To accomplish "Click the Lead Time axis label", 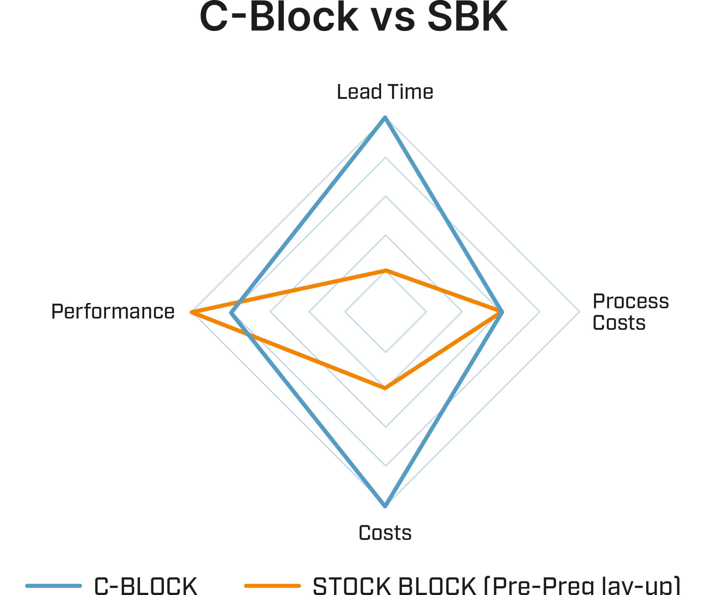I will (x=385, y=92).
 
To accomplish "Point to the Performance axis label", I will (x=113, y=311).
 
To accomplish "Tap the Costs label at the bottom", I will (x=385, y=533).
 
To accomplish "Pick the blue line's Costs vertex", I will (x=385, y=506).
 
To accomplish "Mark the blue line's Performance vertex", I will (x=231, y=313).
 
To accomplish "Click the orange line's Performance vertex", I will (x=191, y=312).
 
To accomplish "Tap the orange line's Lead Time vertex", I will (x=386, y=270).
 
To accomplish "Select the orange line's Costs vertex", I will (x=385, y=389).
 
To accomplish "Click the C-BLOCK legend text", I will (x=146, y=585).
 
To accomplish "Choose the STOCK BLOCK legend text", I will (x=496, y=585).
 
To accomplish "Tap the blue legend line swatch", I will (x=53, y=585).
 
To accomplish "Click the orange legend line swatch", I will (x=272, y=585).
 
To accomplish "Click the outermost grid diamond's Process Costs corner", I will (x=579, y=312).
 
